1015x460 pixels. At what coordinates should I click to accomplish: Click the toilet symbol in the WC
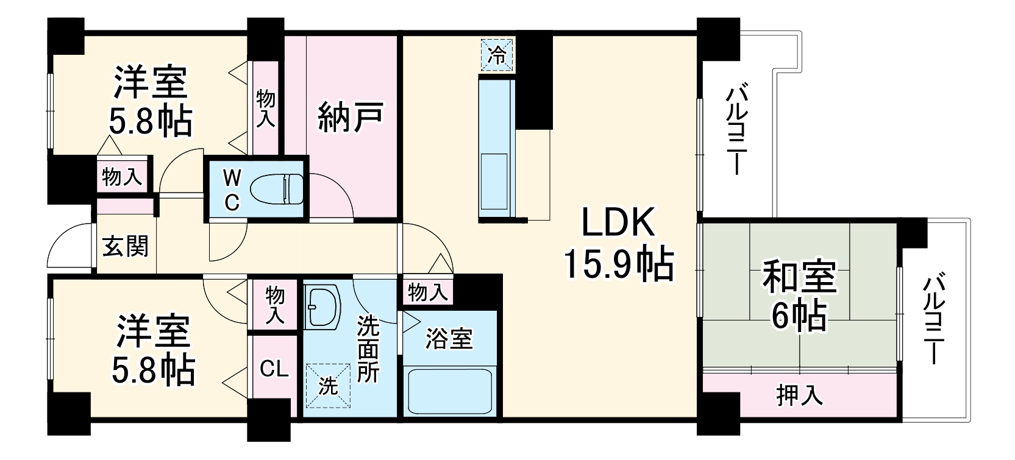click(276, 188)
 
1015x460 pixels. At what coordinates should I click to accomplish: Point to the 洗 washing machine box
click(328, 385)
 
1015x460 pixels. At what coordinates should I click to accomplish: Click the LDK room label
click(618, 224)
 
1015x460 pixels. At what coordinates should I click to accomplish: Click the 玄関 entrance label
click(125, 246)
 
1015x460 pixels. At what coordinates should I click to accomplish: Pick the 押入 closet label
click(799, 396)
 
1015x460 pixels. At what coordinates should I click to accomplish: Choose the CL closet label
click(274, 369)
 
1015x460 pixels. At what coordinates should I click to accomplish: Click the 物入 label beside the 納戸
click(265, 108)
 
